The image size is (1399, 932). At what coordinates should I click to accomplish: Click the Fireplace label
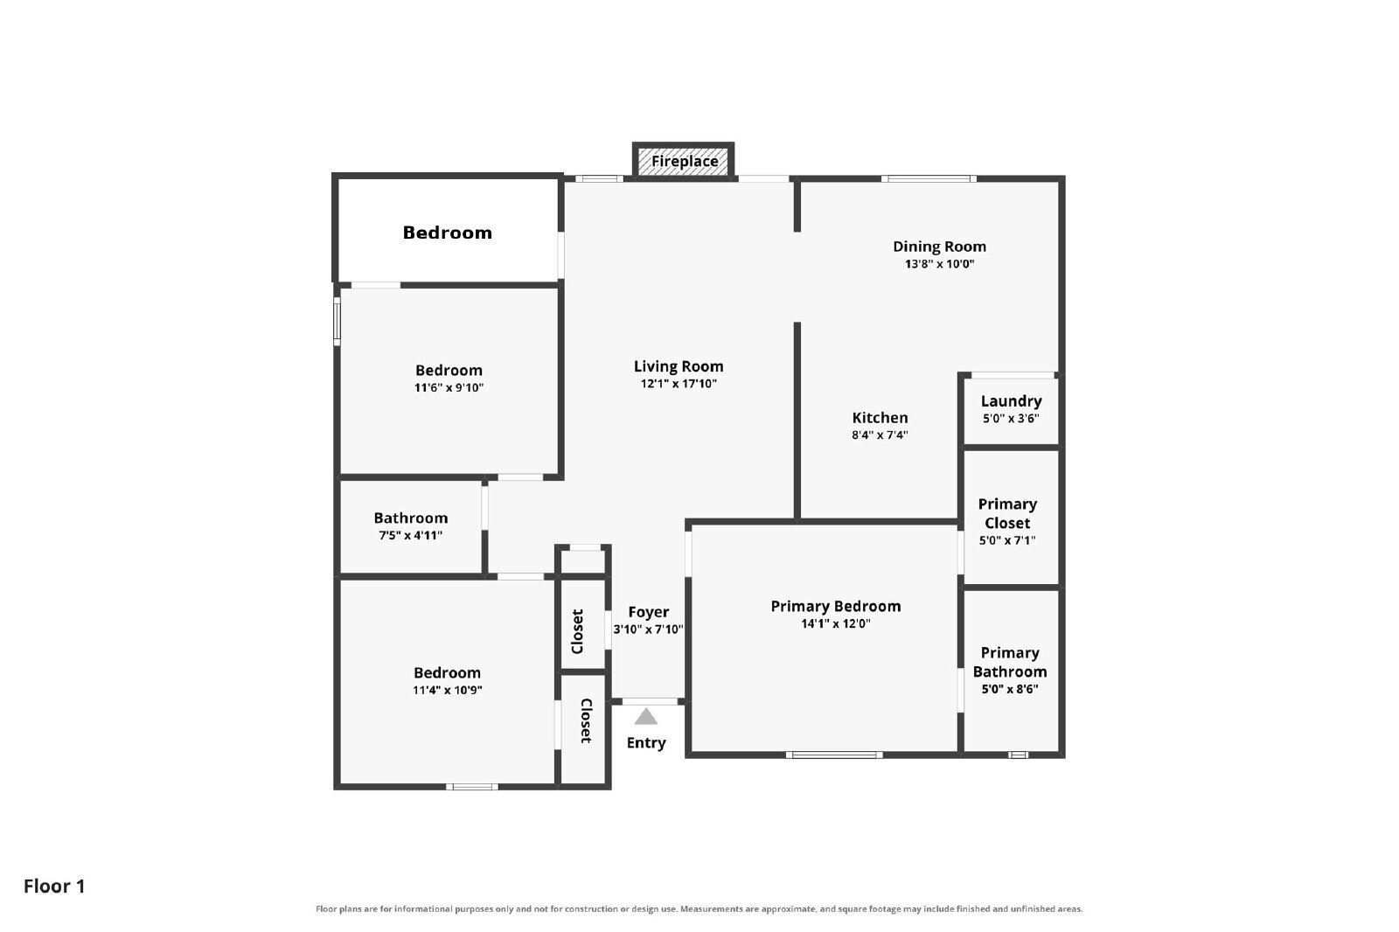[685, 161]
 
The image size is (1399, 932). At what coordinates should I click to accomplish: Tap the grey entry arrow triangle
[646, 717]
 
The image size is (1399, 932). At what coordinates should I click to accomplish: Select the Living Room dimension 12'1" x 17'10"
[679, 384]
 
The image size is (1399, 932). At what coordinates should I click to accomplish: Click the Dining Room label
[939, 247]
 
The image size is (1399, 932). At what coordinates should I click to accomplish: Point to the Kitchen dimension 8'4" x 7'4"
[880, 435]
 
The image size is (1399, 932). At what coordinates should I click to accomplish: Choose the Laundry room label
[1011, 401]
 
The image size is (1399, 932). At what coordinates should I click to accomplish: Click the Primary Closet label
[1007, 513]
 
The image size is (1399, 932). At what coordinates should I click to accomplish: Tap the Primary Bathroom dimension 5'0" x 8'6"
[1010, 689]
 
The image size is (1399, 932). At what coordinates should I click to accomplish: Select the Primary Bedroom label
[836, 607]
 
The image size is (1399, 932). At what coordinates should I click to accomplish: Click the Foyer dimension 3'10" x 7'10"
[648, 629]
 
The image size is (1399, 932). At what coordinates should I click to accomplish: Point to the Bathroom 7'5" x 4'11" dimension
[410, 535]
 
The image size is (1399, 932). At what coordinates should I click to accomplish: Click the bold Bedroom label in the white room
[447, 233]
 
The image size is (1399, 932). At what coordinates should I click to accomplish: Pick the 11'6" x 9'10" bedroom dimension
[449, 388]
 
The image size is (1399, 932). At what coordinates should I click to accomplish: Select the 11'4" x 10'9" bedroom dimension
[447, 690]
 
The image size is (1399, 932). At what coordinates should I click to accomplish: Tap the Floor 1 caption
[54, 887]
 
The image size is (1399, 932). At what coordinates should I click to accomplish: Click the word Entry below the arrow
[646, 743]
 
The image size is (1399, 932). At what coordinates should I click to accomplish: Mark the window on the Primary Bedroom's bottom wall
[834, 755]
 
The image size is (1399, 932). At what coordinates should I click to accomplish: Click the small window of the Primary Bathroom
[1018, 755]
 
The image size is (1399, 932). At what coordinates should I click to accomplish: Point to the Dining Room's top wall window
[929, 179]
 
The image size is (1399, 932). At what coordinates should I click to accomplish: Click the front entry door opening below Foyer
[650, 701]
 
